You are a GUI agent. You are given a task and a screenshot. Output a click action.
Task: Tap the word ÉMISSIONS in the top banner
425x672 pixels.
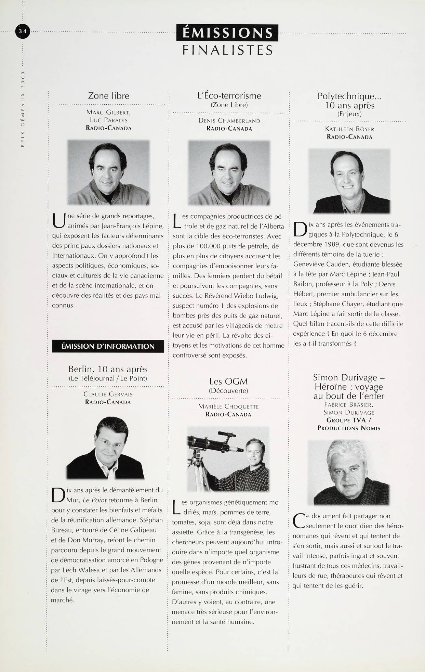coord(227,33)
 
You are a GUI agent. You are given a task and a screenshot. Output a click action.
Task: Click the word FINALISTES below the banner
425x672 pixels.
coord(227,50)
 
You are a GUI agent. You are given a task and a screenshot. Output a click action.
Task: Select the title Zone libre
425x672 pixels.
coord(109,95)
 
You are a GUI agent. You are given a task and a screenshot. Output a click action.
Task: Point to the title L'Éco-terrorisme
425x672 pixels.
coord(229,95)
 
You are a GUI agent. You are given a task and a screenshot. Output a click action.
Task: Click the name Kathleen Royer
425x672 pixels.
coord(349,129)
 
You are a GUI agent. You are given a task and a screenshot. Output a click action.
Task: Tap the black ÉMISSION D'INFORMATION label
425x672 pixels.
coord(108,346)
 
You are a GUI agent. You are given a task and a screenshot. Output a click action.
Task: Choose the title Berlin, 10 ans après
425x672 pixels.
coord(108,369)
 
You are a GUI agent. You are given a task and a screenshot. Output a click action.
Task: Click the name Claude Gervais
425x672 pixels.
coord(108,394)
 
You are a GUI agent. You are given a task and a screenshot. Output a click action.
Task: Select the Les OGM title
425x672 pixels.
coord(228,382)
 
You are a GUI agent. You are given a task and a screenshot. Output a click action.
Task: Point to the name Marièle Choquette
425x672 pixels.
coord(228,406)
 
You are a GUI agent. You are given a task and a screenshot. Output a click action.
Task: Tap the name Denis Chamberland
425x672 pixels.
coord(229,121)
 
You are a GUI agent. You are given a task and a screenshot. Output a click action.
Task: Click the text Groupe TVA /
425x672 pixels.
coord(349,420)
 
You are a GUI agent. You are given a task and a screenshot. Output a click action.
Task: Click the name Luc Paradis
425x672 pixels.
coord(109,120)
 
